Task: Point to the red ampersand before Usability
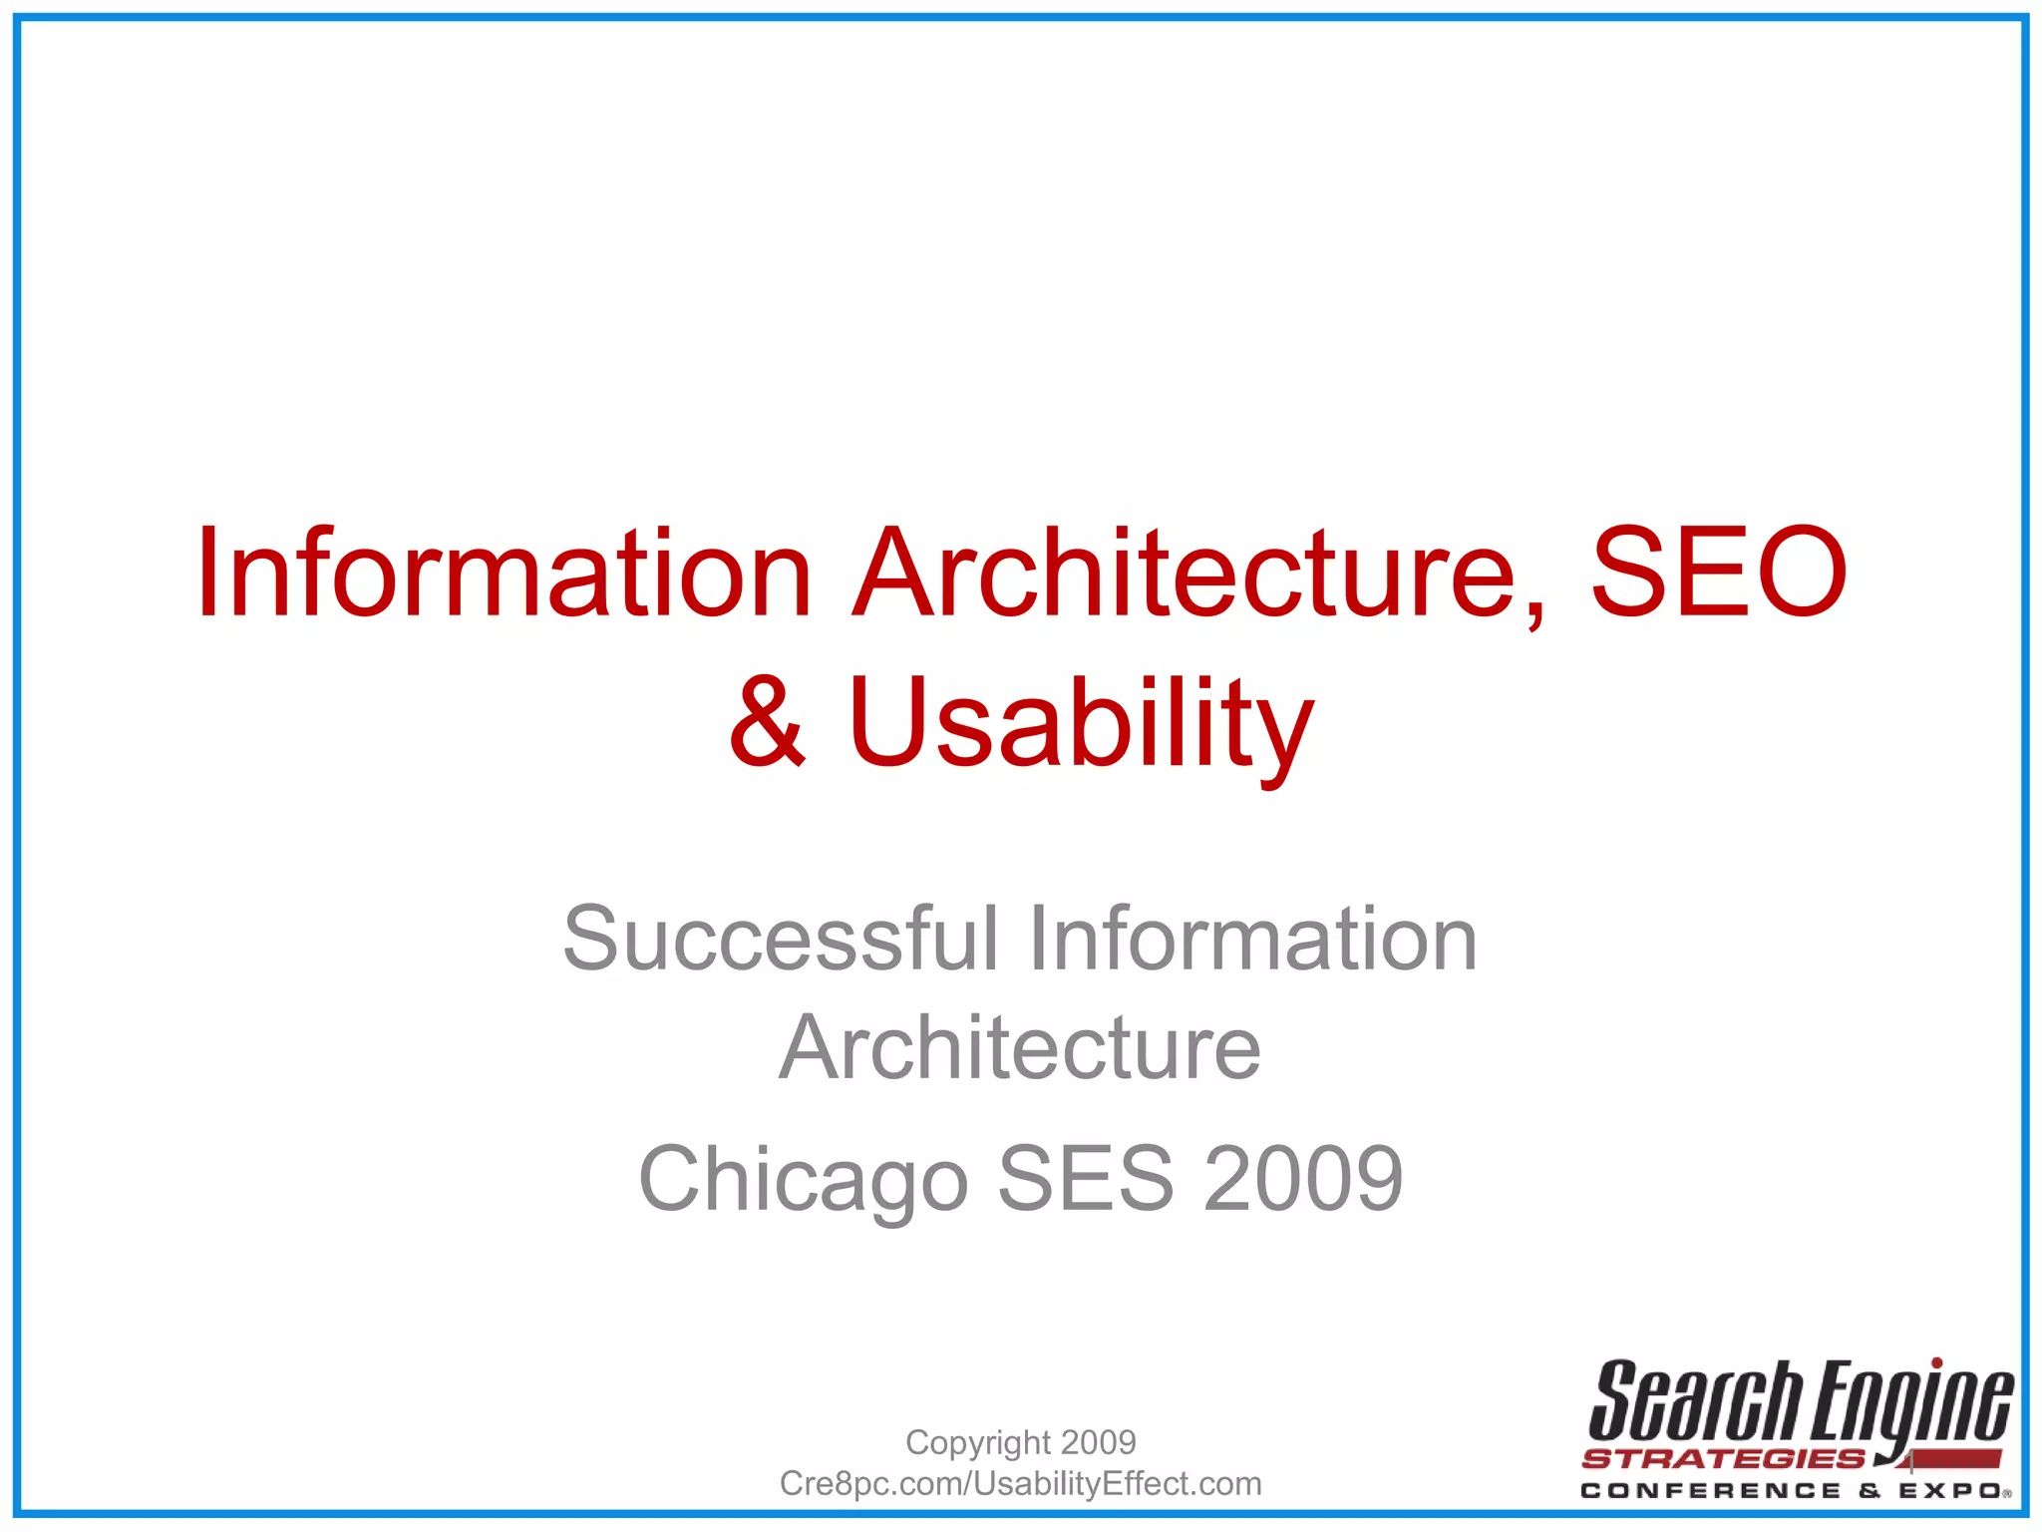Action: pyautogui.click(x=766, y=722)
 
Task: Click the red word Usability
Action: pyautogui.click(x=1081, y=724)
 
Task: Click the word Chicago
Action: pyautogui.click(x=804, y=1180)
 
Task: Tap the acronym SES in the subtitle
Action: pyautogui.click(x=1086, y=1178)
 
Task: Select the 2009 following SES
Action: pyautogui.click(x=1303, y=1178)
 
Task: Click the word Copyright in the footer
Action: pyautogui.click(x=978, y=1443)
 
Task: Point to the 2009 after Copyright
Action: pyautogui.click(x=1099, y=1442)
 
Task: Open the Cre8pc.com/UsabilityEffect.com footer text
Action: pyautogui.click(x=1020, y=1484)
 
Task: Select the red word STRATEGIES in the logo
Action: pyautogui.click(x=1723, y=1459)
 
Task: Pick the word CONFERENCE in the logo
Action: pyautogui.click(x=1710, y=1491)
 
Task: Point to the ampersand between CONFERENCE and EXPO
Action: pyautogui.click(x=1870, y=1491)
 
